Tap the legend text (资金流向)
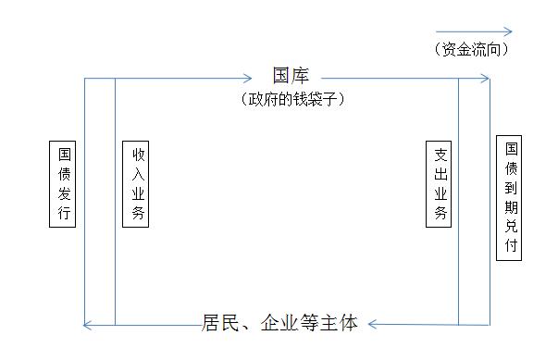point(471,49)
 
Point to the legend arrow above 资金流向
point(472,31)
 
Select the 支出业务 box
point(440,184)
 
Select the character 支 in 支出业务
point(440,155)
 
